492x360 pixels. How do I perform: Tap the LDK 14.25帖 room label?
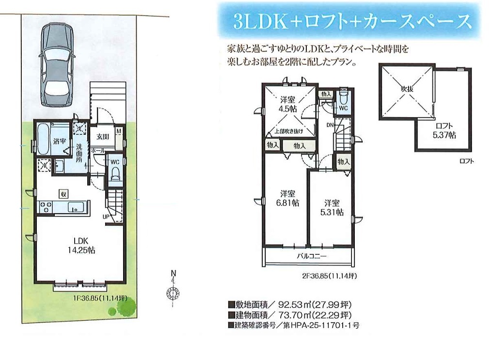coord(81,245)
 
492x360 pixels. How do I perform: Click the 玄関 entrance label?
coord(103,137)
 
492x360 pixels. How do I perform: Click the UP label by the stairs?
coord(106,217)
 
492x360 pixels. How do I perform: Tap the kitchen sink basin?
coord(76,207)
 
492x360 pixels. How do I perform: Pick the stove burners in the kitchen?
coord(45,207)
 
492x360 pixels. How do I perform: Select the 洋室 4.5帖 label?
coord(288,105)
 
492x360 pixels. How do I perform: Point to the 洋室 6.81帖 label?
coord(287,198)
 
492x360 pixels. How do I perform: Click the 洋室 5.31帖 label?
coord(332,207)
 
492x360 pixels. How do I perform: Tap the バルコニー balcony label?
coord(312,256)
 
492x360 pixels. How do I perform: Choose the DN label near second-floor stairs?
coord(330,125)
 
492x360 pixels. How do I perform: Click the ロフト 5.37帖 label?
coord(444,131)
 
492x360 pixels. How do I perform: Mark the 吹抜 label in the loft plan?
coord(407,89)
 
